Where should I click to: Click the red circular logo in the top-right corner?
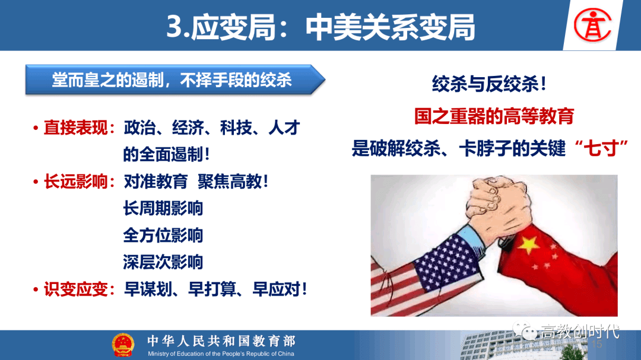592,26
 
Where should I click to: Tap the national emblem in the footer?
123,345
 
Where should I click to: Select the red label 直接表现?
75,128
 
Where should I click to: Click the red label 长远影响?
75,181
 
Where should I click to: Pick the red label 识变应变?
75,289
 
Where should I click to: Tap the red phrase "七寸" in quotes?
601,148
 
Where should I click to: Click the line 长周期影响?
163,208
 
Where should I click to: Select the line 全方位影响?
163,235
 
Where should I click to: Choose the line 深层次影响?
163,262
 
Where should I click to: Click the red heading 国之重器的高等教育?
494,116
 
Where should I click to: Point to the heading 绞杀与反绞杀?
489,84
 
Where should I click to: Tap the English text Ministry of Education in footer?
221,354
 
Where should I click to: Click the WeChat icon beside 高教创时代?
525,330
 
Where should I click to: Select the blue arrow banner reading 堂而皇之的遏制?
175,79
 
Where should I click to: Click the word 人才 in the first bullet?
284,128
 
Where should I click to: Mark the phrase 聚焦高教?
233,181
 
